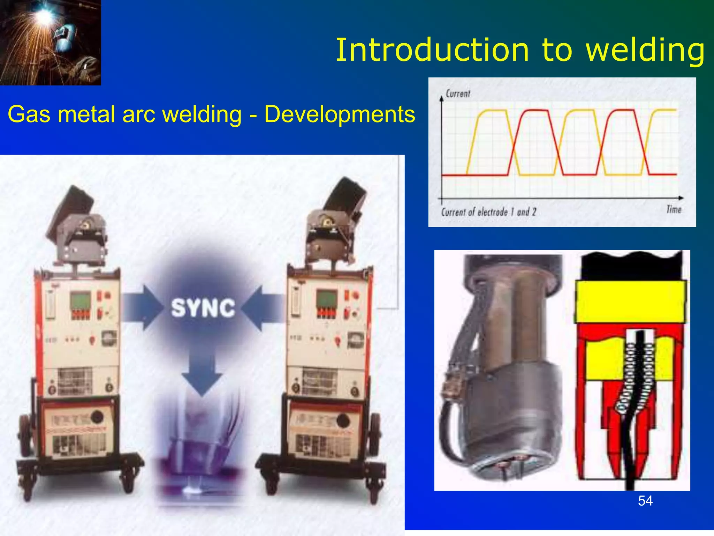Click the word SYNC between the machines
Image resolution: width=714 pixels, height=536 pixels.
pos(203,308)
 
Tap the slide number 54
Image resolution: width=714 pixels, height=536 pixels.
pos(645,501)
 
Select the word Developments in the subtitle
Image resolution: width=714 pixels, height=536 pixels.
pos(340,114)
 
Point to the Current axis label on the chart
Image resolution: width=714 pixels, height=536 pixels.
pos(458,94)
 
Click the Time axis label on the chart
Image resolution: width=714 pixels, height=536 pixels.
pos(674,209)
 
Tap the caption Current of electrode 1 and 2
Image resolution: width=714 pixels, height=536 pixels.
pos(488,212)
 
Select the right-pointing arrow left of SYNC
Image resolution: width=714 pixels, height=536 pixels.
pos(143,307)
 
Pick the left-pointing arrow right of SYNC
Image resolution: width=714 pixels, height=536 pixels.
pos(261,307)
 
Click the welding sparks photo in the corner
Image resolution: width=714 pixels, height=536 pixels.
pos(51,42)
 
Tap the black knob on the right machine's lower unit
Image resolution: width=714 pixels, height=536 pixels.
pos(343,420)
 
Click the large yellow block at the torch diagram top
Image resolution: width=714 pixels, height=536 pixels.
pos(630,301)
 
